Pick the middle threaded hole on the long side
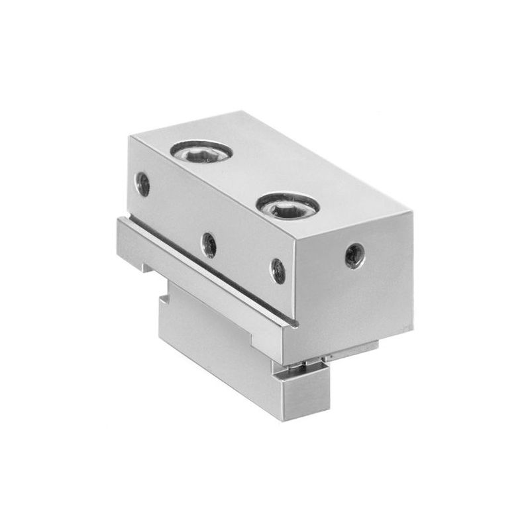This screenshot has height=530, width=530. pos(209,244)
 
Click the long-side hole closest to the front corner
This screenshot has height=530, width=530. pos(278,270)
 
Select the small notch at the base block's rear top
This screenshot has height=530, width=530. pos(166,286)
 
